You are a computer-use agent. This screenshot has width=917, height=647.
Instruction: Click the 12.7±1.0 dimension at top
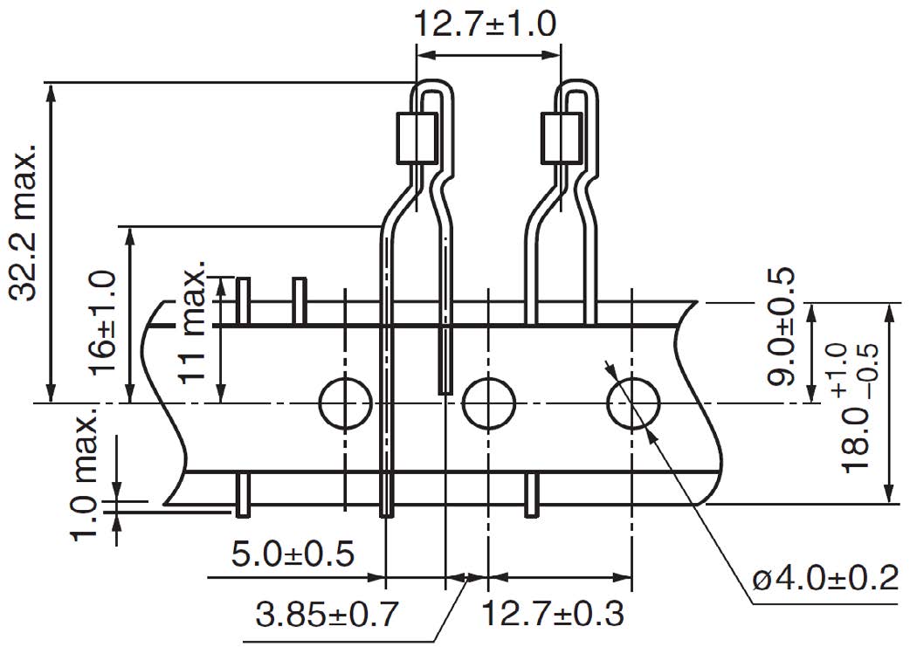tap(485, 24)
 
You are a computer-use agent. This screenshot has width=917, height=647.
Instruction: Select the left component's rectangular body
tap(417, 138)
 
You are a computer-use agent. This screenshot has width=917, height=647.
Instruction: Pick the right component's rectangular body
tap(562, 138)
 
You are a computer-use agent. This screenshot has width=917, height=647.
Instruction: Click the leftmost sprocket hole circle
tap(345, 403)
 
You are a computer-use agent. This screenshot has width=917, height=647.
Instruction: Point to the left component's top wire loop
tap(433, 87)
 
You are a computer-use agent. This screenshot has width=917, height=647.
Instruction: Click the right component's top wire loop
tap(577, 87)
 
